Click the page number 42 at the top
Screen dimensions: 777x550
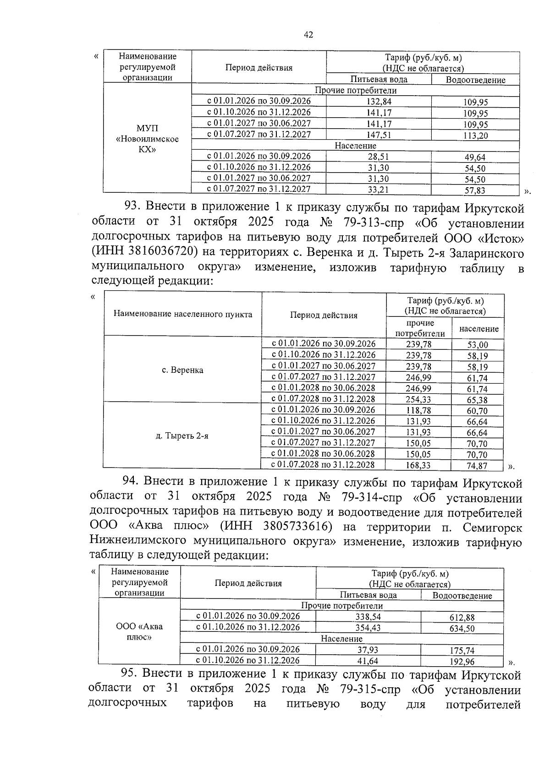click(x=308, y=35)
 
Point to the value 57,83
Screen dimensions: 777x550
click(x=475, y=190)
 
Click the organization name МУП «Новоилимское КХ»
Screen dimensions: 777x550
click(x=147, y=139)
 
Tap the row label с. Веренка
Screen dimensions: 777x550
click(x=182, y=370)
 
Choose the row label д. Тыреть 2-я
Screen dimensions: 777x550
click(x=182, y=436)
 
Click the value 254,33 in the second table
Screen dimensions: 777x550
click(x=418, y=399)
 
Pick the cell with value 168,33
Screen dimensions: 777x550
click(x=418, y=466)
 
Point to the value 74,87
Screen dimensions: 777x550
click(x=477, y=466)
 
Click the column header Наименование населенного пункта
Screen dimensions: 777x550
click(x=182, y=314)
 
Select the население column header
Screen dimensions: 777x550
click(x=478, y=329)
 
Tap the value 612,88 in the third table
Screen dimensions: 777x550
click(x=462, y=617)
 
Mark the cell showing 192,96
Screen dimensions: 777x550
click(x=462, y=662)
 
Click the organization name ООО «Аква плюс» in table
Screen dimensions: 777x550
click(x=139, y=632)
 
